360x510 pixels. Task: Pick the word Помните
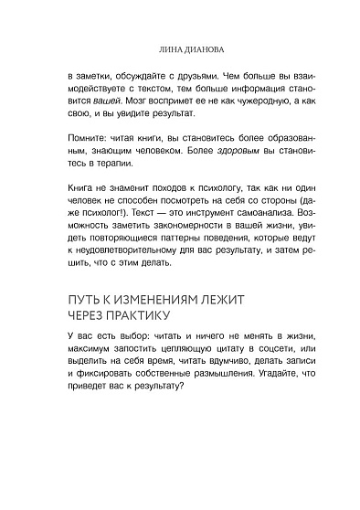coord(101,152)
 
